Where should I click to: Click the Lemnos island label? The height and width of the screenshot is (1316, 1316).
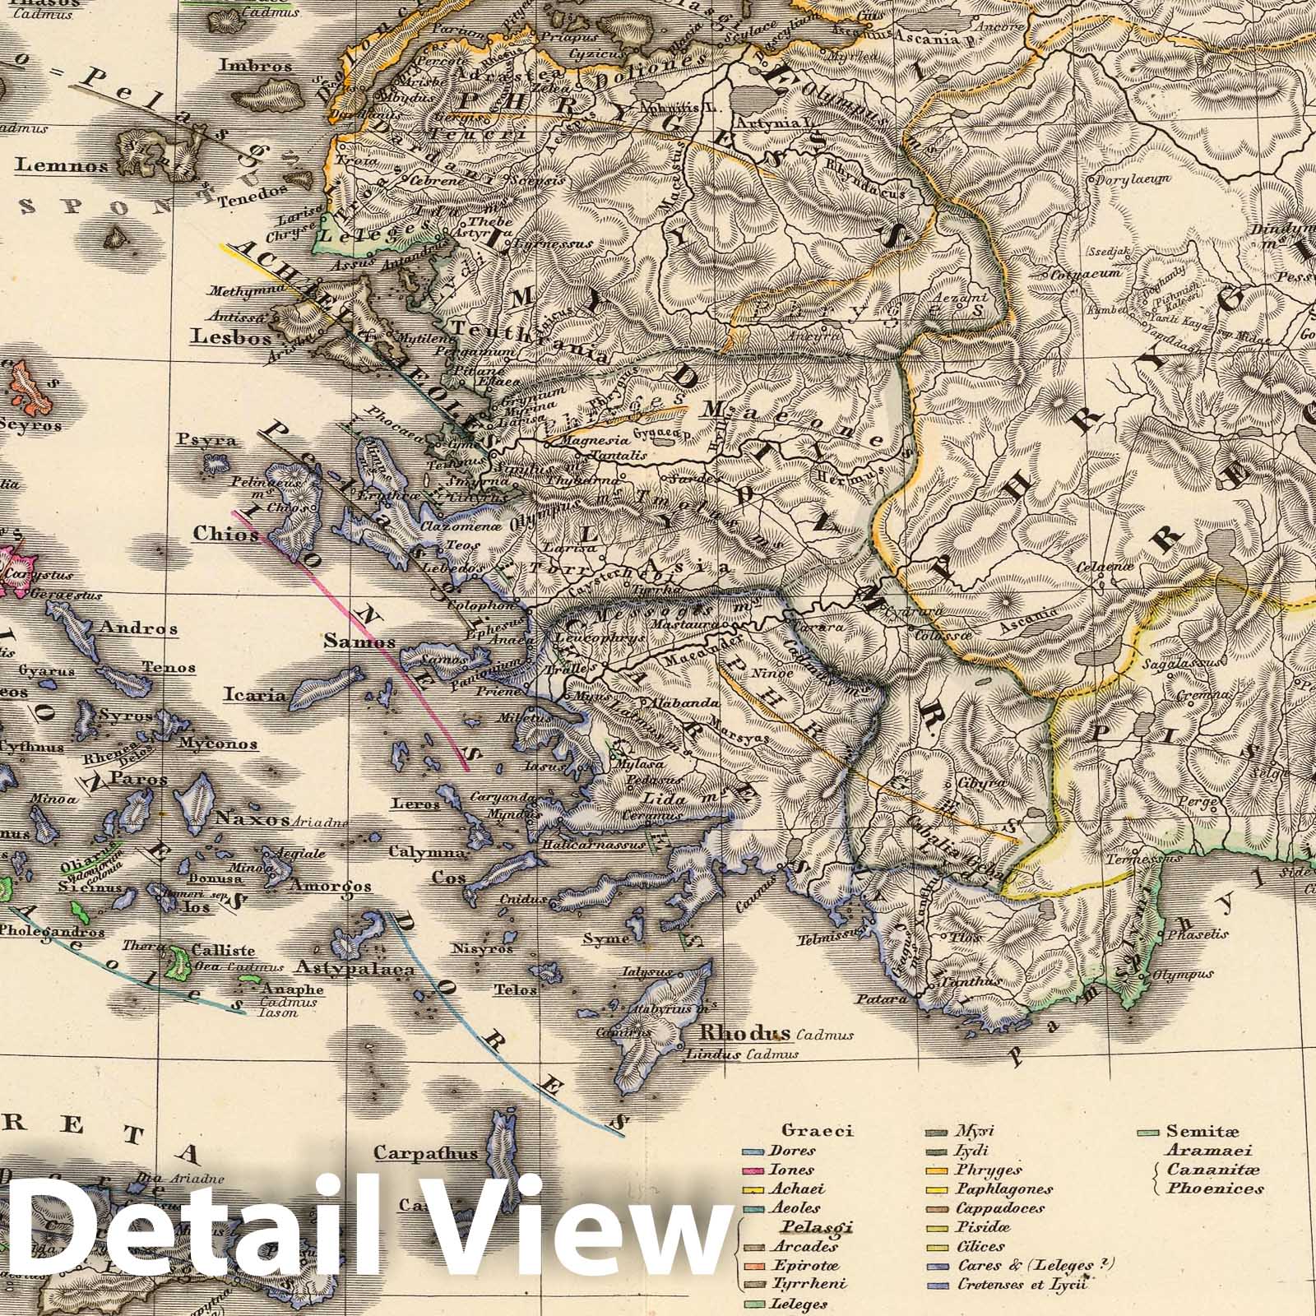pos(61,165)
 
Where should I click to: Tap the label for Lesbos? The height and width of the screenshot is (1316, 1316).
pos(220,336)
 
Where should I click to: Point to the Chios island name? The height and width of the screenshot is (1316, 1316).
pos(225,535)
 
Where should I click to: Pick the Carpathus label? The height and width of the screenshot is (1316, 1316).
pos(425,1152)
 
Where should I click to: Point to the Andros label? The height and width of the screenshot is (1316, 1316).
pos(137,628)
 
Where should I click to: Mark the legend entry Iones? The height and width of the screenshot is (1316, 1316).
pos(793,1169)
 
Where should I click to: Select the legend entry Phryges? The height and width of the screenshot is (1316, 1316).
pos(988,1169)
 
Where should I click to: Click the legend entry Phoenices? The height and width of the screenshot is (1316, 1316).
pos(1214,1188)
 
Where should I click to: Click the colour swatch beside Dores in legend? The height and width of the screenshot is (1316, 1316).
pos(752,1151)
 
